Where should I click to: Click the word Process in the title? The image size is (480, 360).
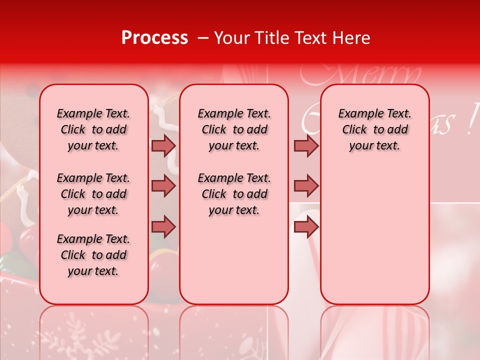154,38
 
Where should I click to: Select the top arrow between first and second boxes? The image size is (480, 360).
163,145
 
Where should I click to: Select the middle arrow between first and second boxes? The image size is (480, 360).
163,186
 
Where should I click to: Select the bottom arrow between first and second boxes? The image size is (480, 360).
163,227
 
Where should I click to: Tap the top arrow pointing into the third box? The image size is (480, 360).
306,145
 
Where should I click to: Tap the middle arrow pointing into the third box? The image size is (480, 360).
306,186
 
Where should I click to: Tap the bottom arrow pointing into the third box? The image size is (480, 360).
306,227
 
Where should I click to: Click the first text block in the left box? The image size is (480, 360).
93,129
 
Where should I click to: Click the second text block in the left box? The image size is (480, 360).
93,194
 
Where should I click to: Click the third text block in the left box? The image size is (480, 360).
93,255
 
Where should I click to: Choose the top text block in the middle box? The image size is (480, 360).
234,129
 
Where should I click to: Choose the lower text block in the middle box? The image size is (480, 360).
234,194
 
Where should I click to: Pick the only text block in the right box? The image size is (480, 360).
374,129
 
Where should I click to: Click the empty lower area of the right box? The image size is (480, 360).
374,240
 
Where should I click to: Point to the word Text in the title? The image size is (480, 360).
312,38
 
